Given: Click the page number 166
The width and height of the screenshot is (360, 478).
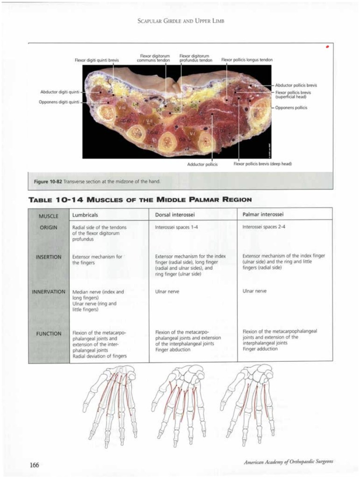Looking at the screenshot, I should point(34,464).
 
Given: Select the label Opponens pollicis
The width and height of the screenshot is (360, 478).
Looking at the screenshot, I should point(291,108).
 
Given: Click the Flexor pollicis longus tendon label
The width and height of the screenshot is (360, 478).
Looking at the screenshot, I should point(247,60).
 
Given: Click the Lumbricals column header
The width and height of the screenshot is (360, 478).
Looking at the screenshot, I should point(85,214).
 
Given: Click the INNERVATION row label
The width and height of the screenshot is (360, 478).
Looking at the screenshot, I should point(49,291).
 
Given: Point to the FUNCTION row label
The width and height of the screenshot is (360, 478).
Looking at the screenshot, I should point(49,333).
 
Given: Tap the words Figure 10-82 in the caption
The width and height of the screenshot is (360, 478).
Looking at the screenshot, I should point(48,182).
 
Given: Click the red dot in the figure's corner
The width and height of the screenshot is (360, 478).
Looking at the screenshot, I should point(328,47).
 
